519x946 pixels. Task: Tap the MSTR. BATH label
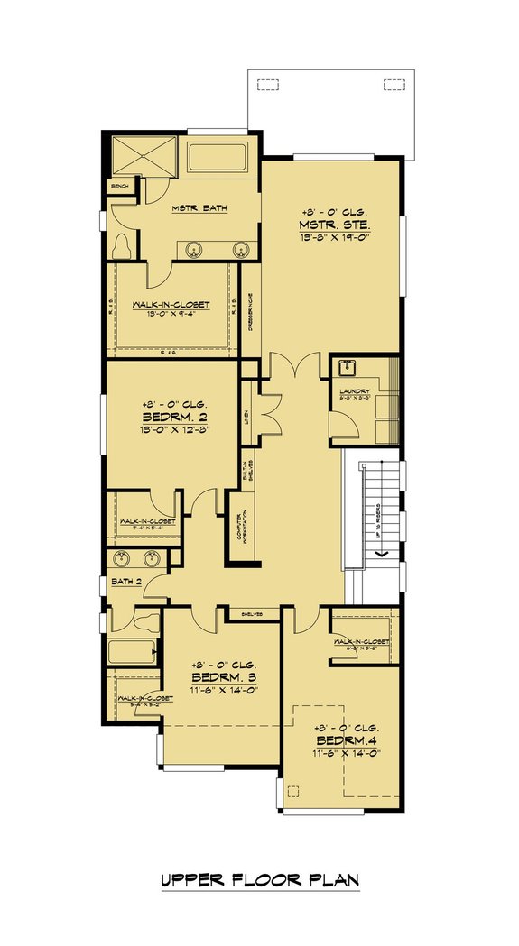(199, 208)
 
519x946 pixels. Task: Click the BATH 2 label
(125, 581)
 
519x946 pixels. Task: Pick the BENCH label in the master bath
(119, 187)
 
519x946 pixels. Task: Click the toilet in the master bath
(123, 243)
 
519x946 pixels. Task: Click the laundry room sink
(348, 367)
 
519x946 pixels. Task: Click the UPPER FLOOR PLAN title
(259, 879)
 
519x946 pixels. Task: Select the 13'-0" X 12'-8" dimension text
(164, 431)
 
